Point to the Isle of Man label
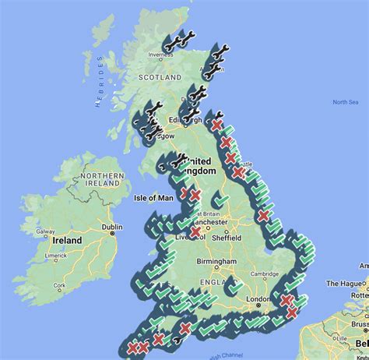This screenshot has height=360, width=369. click(x=155, y=198)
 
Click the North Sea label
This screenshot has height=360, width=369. click(x=344, y=102)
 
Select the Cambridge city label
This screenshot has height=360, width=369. click(x=266, y=273)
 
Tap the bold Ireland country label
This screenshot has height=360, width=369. click(x=68, y=241)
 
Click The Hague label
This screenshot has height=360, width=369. click(x=345, y=284)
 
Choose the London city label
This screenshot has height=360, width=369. click(x=258, y=298)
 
